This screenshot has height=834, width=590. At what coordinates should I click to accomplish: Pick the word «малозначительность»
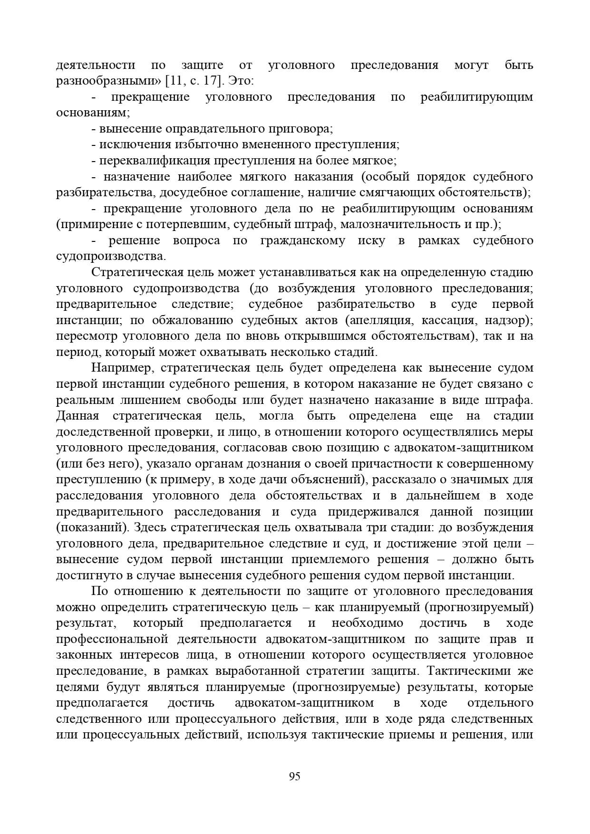[x=404, y=224]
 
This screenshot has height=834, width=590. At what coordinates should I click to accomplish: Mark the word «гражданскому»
[x=303, y=240]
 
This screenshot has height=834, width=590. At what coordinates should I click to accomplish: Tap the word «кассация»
[x=446, y=320]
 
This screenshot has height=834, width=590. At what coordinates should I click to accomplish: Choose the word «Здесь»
[x=149, y=527]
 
